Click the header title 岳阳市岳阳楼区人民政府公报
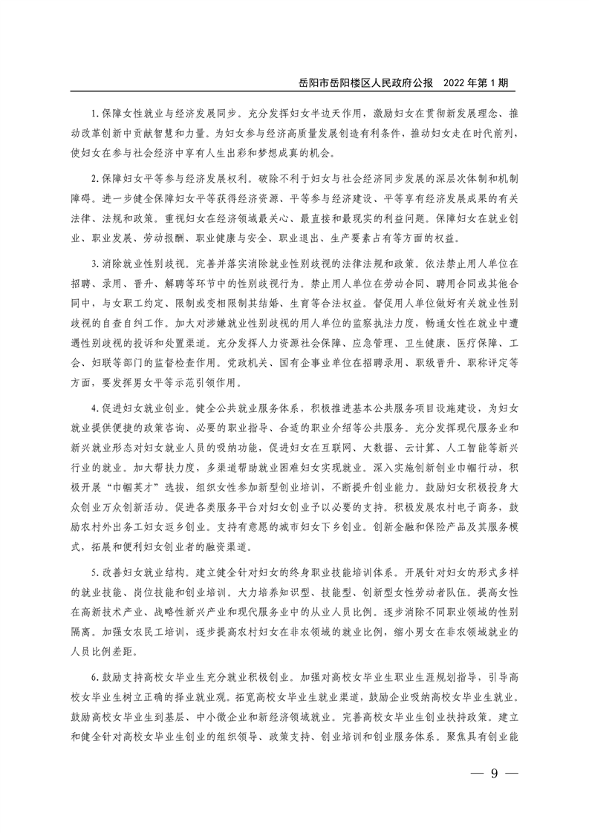368,82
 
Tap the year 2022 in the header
459,82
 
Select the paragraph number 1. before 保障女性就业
94,115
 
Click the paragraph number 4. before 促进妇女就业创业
94,410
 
